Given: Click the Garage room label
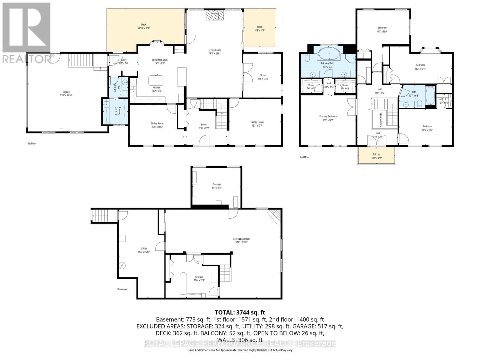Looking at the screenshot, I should tap(66, 92).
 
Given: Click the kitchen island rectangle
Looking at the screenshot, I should tap(156, 80).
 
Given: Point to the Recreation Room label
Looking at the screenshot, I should tap(241, 239).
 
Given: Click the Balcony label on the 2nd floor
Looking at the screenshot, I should tap(376, 154).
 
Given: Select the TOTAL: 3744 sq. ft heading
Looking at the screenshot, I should tap(240, 313).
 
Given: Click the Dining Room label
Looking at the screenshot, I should tap(157, 123).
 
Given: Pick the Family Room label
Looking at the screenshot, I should tap(257, 122).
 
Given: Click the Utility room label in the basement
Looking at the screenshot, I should tap(144, 248).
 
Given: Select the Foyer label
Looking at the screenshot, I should tap(204, 124).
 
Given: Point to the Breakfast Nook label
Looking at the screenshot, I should tap(160, 60).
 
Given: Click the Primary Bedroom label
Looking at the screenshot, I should tap(328, 116).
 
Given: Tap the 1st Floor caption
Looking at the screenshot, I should tap(32, 143).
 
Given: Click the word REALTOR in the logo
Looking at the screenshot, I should tap(26, 58).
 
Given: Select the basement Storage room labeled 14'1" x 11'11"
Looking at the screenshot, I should tap(217, 186).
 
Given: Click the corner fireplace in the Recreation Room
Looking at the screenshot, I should tap(275, 215).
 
